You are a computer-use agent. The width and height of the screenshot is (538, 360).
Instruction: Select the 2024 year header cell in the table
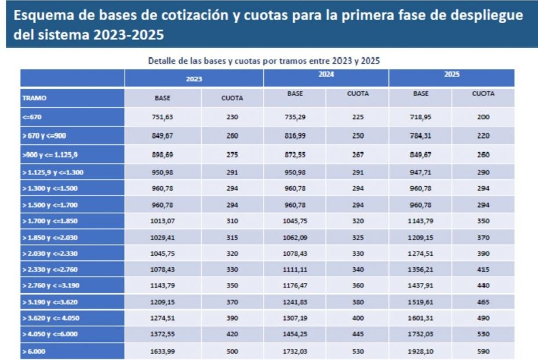[326, 75]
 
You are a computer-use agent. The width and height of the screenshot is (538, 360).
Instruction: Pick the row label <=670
[32, 117]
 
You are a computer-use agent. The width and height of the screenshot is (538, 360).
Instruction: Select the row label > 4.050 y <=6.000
[50, 335]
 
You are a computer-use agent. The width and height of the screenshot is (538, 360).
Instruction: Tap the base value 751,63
[162, 117]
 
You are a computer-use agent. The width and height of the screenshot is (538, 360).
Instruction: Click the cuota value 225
[358, 117]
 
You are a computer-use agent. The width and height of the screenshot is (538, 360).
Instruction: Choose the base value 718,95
[420, 117]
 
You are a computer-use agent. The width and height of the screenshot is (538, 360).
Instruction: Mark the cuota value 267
[358, 155]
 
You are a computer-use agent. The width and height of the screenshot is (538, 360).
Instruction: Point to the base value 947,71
[420, 173]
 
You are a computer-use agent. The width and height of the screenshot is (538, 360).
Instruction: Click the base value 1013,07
[162, 221]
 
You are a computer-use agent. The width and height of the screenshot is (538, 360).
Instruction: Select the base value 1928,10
[420, 351]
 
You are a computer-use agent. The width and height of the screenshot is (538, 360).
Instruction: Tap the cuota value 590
[484, 351]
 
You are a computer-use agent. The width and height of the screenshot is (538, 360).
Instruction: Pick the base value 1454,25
[295, 334]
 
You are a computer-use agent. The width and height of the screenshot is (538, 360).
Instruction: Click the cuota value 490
[484, 318]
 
